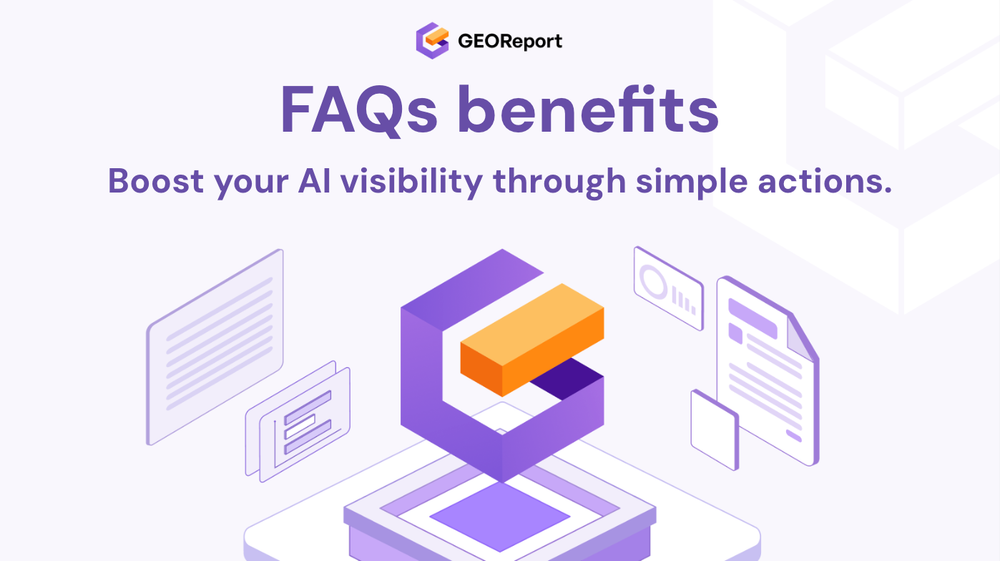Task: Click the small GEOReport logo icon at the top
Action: coord(432,41)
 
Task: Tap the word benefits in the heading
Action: coord(589,110)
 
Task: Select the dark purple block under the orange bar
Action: coord(565,385)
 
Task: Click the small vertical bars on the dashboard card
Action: coord(684,298)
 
